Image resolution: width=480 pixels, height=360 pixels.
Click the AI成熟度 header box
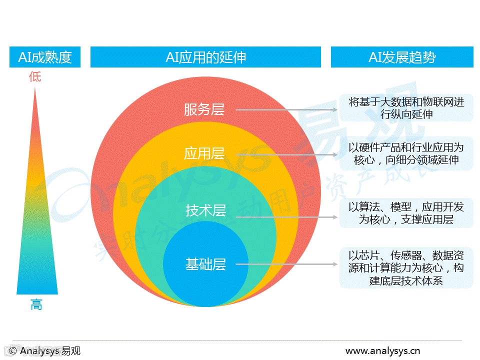[x=45, y=57]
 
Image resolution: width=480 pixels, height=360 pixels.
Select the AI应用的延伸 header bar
[x=205, y=57]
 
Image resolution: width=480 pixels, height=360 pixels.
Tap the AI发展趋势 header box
[x=402, y=57]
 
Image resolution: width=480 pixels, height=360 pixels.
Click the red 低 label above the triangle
[x=35, y=76]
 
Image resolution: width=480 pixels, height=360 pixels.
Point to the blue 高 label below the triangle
[x=36, y=304]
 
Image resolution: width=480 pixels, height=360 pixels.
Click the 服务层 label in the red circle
[x=204, y=109]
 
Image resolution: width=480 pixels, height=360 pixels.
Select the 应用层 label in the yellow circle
[x=204, y=153]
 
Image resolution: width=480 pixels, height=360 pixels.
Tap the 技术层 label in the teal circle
[x=205, y=210]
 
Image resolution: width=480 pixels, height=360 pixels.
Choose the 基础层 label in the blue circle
[x=205, y=264]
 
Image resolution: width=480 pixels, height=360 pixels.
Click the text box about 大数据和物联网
[x=406, y=108]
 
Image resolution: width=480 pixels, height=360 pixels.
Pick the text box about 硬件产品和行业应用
[x=406, y=153]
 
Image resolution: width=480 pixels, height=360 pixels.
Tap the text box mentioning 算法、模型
[x=406, y=213]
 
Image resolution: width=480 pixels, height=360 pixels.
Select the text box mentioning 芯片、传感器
[x=406, y=267]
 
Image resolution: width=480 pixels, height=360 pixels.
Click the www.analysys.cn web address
[x=383, y=350]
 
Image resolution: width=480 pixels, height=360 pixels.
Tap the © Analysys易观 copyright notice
[x=44, y=350]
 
